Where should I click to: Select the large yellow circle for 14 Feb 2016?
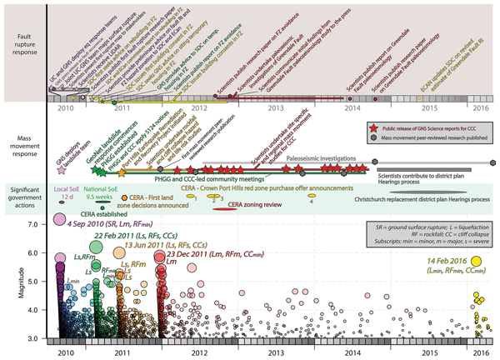coord(477,262)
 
